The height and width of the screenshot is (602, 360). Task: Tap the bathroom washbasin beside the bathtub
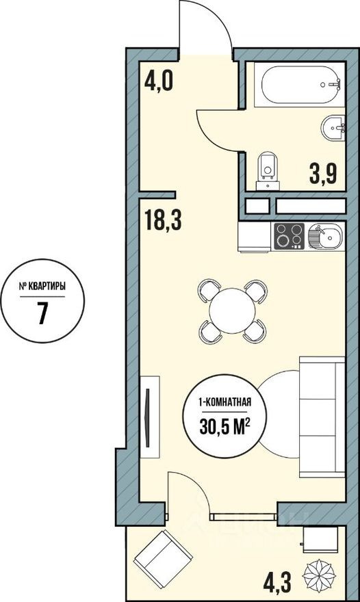(x=333, y=127)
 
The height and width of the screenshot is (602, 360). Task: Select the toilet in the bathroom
(x=266, y=169)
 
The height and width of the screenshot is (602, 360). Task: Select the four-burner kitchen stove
(x=289, y=236)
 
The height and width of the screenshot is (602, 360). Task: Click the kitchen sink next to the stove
(x=324, y=237)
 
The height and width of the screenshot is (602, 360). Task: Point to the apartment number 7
(x=42, y=315)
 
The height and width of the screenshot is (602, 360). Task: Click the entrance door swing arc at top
(x=205, y=27)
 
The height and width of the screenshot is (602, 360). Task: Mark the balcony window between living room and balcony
(x=244, y=513)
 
